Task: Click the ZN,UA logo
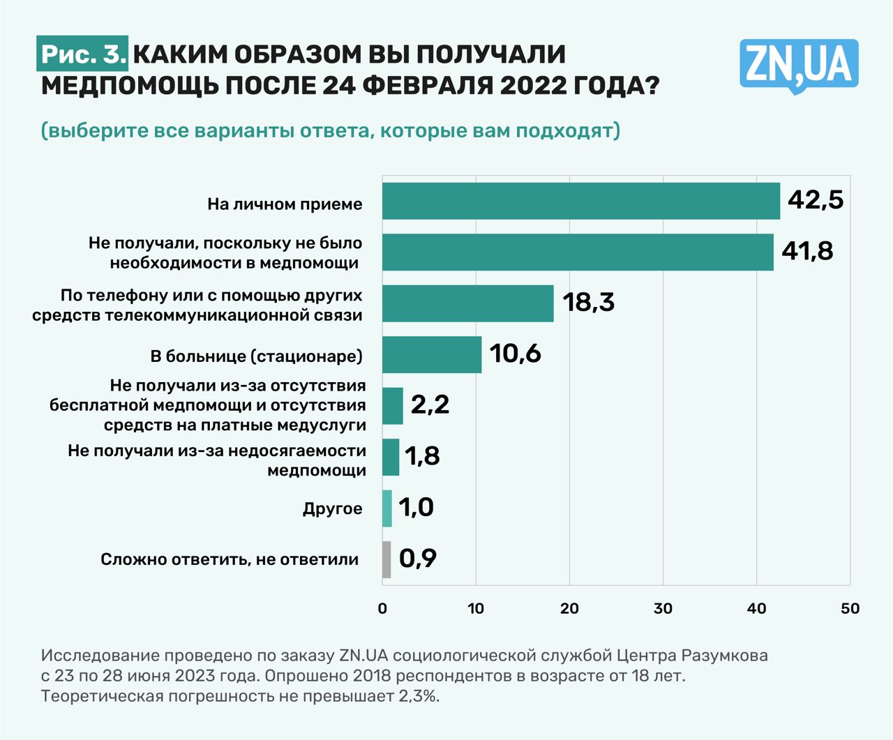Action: [799, 65]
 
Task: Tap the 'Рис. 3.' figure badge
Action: [83, 55]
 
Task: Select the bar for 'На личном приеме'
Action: [580, 201]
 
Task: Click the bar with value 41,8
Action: [578, 252]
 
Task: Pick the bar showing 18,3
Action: [467, 303]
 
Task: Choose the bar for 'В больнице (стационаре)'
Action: [432, 354]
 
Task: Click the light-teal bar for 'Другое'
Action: [387, 508]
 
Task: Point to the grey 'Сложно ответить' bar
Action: [387, 559]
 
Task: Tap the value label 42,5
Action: [816, 200]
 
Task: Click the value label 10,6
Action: [516, 354]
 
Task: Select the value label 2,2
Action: [430, 405]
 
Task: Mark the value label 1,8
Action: [422, 456]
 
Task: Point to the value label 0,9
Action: [418, 558]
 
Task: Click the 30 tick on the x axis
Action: [663, 609]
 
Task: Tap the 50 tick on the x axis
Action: [850, 609]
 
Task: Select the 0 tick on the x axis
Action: [382, 609]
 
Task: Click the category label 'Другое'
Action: [332, 508]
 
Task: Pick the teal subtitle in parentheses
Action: [331, 130]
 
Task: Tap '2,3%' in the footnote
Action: [419, 696]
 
